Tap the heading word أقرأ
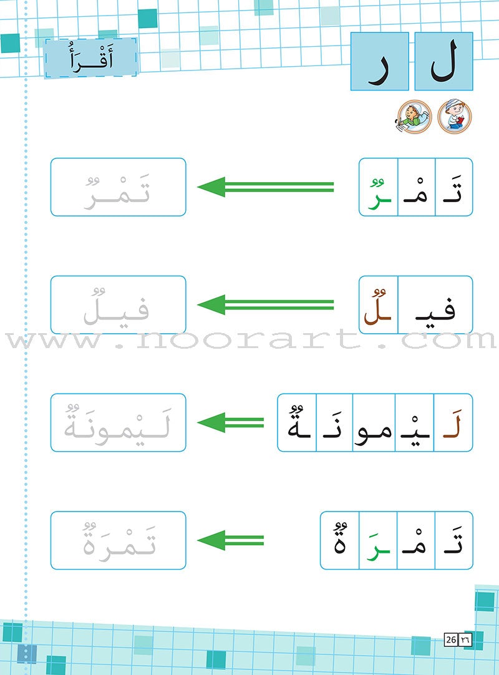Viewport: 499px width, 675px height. coord(91,57)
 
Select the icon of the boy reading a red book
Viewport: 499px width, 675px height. coord(455,116)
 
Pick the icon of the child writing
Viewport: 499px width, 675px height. coord(414,116)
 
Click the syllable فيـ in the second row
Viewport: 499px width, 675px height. coord(435,308)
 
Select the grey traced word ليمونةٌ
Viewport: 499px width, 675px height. coord(117,423)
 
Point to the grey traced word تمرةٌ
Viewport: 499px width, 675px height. coord(119,540)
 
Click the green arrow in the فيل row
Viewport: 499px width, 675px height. coord(266,305)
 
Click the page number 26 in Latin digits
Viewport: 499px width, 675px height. coord(451,639)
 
